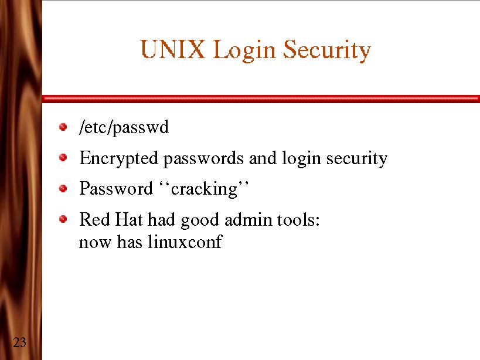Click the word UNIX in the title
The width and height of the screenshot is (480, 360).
(x=173, y=50)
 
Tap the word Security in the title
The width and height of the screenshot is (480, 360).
(x=327, y=51)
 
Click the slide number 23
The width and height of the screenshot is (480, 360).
(x=19, y=342)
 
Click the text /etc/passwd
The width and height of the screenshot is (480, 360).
(x=124, y=127)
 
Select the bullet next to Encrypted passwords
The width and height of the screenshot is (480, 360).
(x=63, y=157)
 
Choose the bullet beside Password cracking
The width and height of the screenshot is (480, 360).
(x=63, y=188)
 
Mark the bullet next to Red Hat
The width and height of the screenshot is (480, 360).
(x=63, y=219)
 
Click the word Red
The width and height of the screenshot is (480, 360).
(x=91, y=220)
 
